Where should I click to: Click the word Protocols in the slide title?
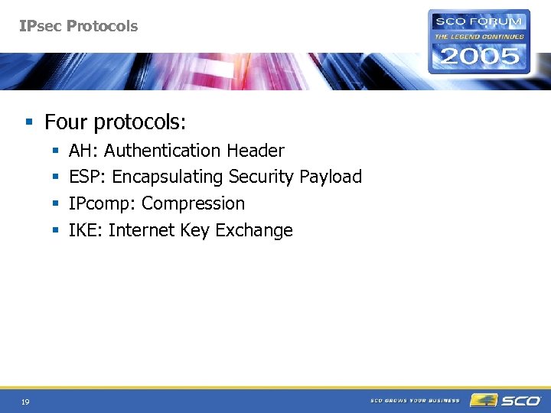click(x=102, y=26)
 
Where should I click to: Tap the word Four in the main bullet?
click(x=66, y=122)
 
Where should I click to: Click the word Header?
click(x=256, y=151)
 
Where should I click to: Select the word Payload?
click(x=331, y=177)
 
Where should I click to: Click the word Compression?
click(x=194, y=204)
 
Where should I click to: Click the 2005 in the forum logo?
click(x=479, y=55)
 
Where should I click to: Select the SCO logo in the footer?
click(x=506, y=400)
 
